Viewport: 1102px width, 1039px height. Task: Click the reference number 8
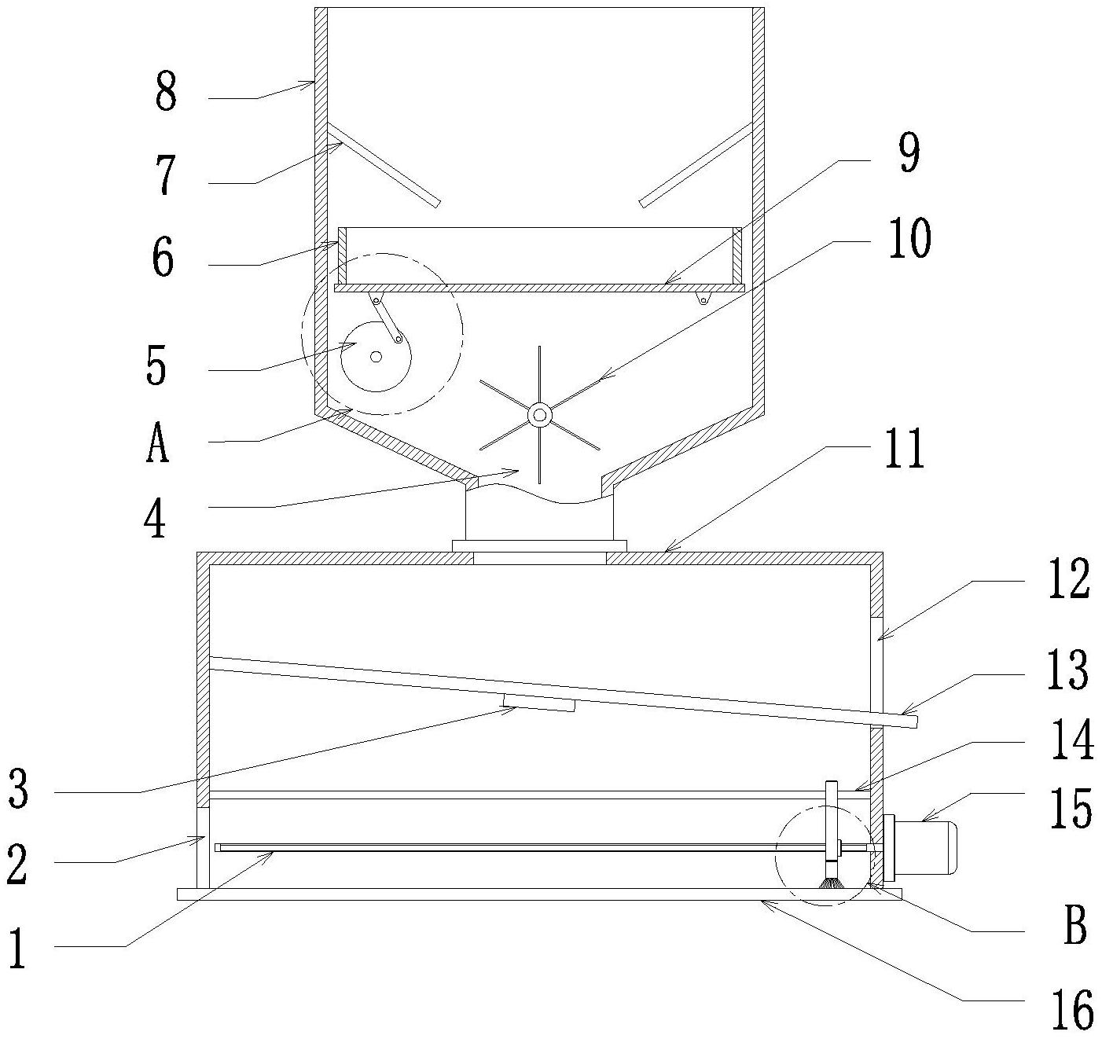pos(166,92)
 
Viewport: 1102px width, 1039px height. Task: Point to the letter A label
pos(157,442)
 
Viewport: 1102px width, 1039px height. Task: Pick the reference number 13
pos(1067,670)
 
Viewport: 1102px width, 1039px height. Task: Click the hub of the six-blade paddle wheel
pos(539,416)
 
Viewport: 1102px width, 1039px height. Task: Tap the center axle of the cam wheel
pos(376,357)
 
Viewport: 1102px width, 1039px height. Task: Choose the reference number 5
pos(156,365)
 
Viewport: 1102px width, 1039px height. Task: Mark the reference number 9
pos(908,155)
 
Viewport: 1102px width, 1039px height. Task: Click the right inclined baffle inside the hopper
pos(696,164)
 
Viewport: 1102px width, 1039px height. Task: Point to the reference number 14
pos(1073,740)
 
